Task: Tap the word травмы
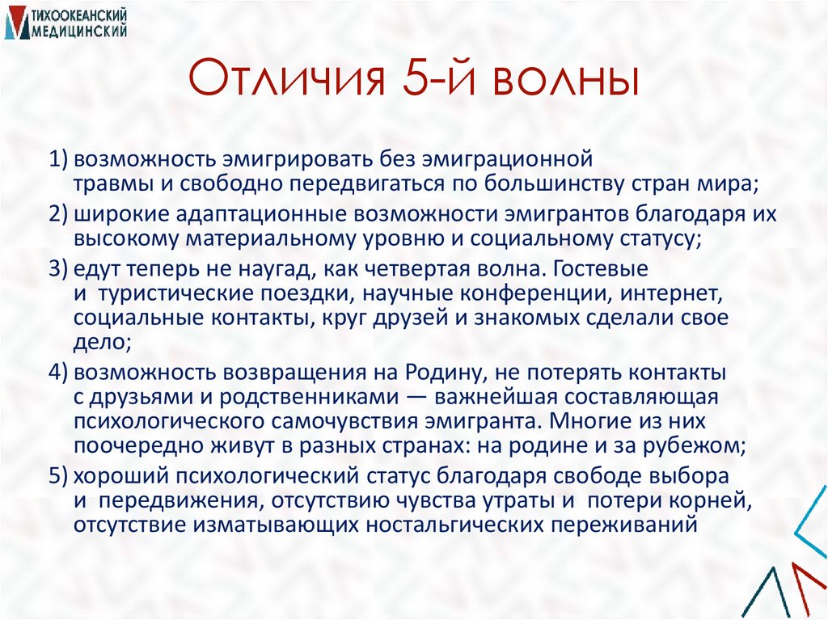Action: pos(111,183)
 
